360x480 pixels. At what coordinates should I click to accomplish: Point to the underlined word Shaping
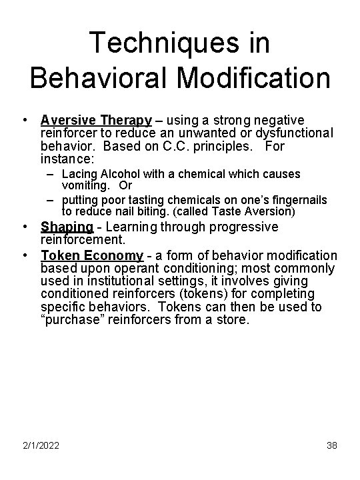tap(67, 227)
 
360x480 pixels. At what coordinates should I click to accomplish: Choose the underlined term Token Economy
tap(91, 255)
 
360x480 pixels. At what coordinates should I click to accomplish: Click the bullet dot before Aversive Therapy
tap(24, 121)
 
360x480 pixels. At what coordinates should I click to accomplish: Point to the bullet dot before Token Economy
tap(24, 255)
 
